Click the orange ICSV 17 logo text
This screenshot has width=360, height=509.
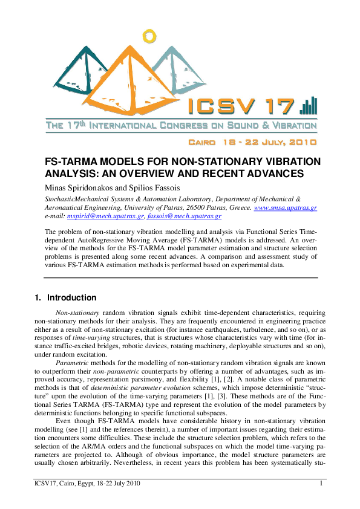coord(242,108)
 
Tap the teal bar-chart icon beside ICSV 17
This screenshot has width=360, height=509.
coord(308,106)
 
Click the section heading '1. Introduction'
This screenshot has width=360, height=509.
coord(65,297)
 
